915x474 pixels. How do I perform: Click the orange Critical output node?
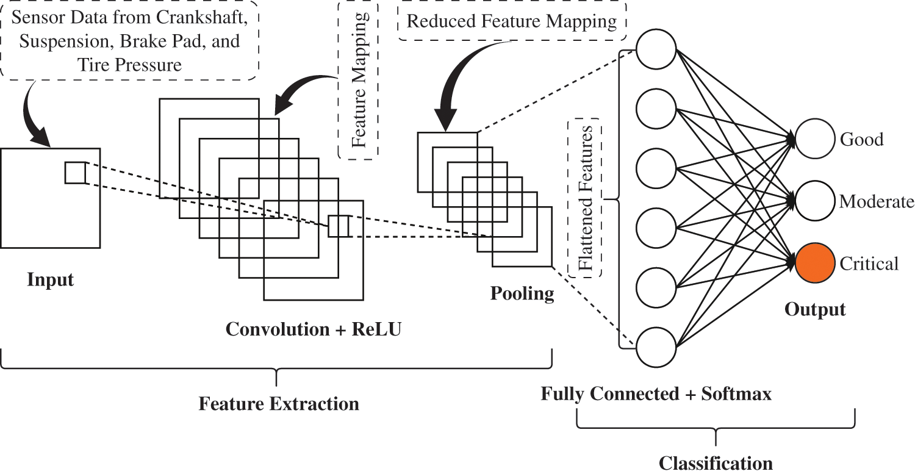coord(815,264)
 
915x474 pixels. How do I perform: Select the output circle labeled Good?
coord(815,139)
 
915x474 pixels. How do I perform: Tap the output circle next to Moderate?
coord(815,201)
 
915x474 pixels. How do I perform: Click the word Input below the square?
coord(50,280)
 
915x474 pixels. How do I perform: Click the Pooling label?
coord(522,294)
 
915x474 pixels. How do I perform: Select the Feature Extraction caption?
coord(279,404)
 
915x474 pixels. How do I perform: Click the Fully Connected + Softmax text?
coord(656,394)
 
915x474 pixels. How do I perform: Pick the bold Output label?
coord(815,309)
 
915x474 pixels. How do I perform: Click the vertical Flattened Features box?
coord(584,198)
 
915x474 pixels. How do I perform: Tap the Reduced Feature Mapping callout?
coord(511,23)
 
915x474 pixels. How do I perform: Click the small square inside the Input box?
coord(76,173)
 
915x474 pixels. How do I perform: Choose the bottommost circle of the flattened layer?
coord(656,347)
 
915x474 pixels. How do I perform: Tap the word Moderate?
coord(877,202)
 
